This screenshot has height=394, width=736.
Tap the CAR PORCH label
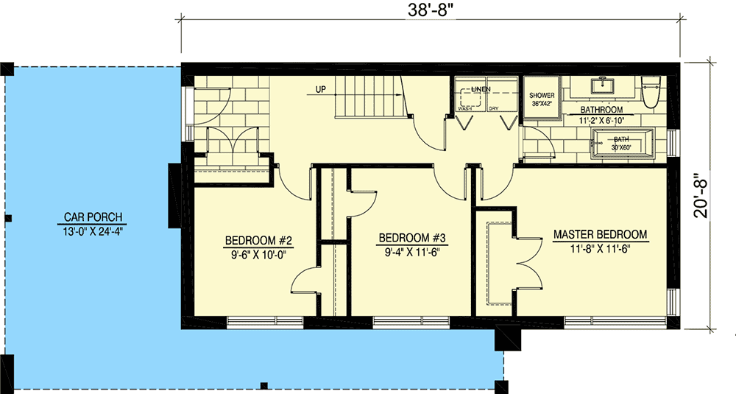click(92, 217)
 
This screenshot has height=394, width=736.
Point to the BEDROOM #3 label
click(413, 238)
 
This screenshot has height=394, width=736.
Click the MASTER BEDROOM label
click(600, 235)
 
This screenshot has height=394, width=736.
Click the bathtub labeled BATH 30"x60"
click(623, 142)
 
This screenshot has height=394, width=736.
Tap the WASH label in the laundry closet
click(465, 108)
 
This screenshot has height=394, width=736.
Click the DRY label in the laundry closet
click(494, 108)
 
